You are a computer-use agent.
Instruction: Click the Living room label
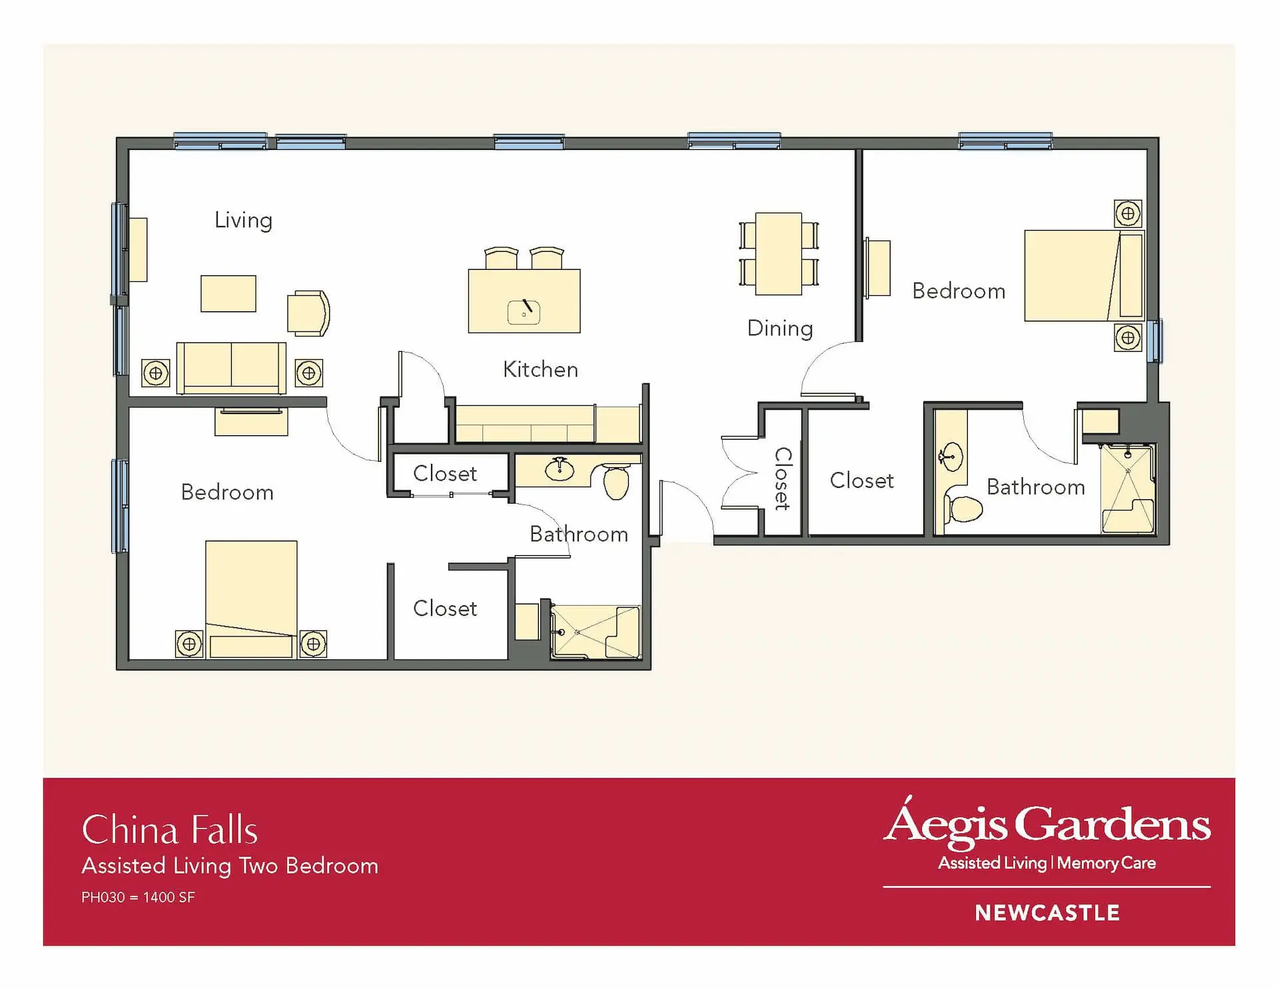pyautogui.click(x=243, y=221)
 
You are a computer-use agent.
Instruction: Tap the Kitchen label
pyautogui.click(x=540, y=369)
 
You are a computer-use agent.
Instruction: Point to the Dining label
pyautogui.click(x=780, y=329)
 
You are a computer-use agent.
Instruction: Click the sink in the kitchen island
pyautogui.click(x=524, y=312)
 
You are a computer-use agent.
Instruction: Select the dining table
pyautogui.click(x=779, y=254)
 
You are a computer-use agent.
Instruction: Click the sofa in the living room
pyautogui.click(x=231, y=368)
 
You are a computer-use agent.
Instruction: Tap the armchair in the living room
pyautogui.click(x=308, y=313)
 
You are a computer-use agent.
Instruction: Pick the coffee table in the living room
pyautogui.click(x=228, y=293)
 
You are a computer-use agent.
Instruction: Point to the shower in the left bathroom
pyautogui.click(x=596, y=632)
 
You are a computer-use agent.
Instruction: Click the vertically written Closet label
pyautogui.click(x=783, y=479)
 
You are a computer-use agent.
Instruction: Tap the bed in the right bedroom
pyautogui.click(x=1084, y=276)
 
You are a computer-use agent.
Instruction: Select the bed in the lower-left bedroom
pyautogui.click(x=251, y=599)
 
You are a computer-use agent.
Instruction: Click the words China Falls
pyautogui.click(x=170, y=830)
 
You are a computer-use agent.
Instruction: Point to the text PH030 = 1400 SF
pyautogui.click(x=138, y=897)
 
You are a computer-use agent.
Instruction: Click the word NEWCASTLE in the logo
pyautogui.click(x=1047, y=913)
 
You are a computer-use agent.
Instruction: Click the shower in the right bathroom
pyautogui.click(x=1128, y=489)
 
